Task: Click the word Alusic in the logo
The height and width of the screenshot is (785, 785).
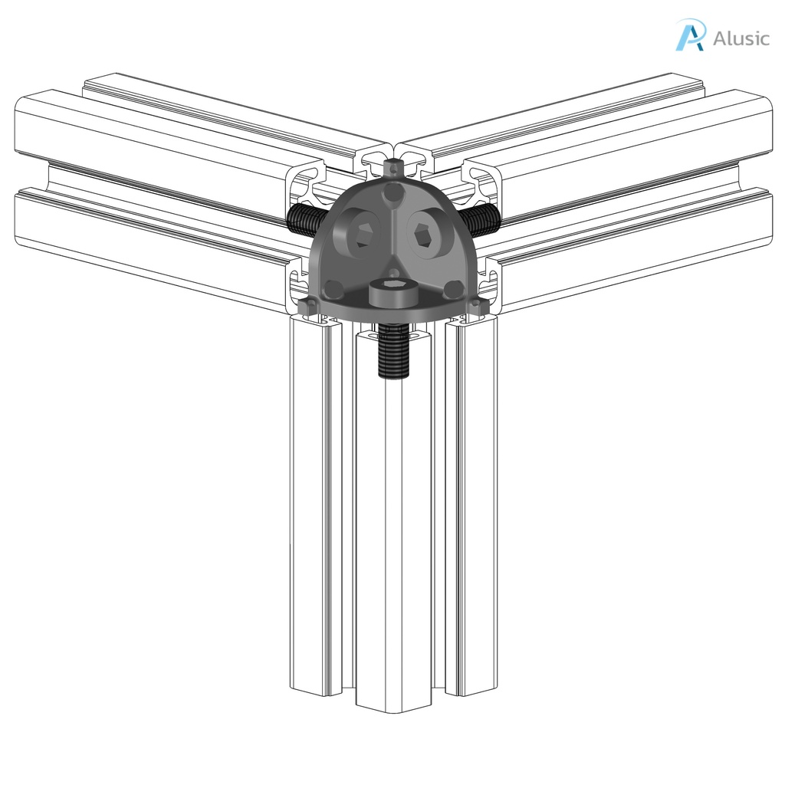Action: (741, 38)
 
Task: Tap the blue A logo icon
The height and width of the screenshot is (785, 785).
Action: (690, 36)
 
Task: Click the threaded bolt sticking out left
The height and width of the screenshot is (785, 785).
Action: (302, 220)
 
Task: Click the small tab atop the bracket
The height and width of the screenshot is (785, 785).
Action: (392, 166)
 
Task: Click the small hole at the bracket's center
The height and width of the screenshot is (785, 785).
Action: (392, 271)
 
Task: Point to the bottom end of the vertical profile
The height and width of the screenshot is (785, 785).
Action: (393, 695)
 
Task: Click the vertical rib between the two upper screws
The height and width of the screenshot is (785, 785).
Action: (392, 230)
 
